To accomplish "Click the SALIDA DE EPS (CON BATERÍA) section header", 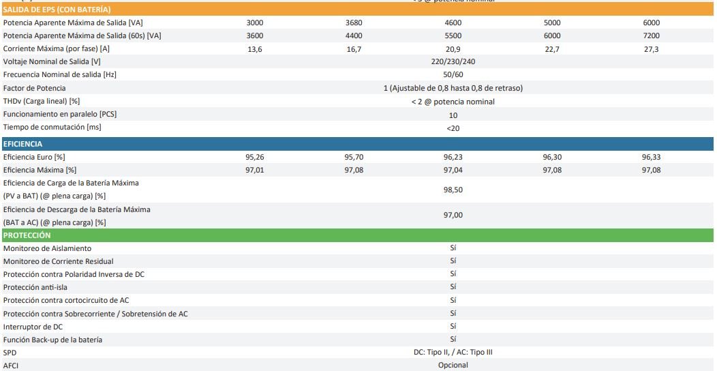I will coord(57,10).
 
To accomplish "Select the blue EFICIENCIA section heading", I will coord(23,144).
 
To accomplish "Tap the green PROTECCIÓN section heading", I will coord(27,235).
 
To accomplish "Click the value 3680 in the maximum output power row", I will coord(354,23).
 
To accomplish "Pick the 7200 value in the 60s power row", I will coord(651,35).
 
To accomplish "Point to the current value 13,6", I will coord(254,49).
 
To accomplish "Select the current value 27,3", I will coord(651,49).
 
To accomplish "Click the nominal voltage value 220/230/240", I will coord(453,61).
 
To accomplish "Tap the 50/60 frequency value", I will coord(453,74).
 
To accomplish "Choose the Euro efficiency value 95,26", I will coord(254,157).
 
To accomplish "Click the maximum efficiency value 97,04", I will coord(453,170).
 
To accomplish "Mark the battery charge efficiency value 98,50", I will coord(453,190).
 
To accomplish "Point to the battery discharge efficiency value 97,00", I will coord(453,216).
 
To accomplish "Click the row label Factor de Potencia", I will coord(35,88).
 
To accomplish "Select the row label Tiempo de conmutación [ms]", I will coord(52,127).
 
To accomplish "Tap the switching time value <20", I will coord(453,128).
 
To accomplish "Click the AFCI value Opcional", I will coord(453,365).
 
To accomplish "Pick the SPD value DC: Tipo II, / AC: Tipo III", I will coord(453,352).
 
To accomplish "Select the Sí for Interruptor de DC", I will coord(453,326).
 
